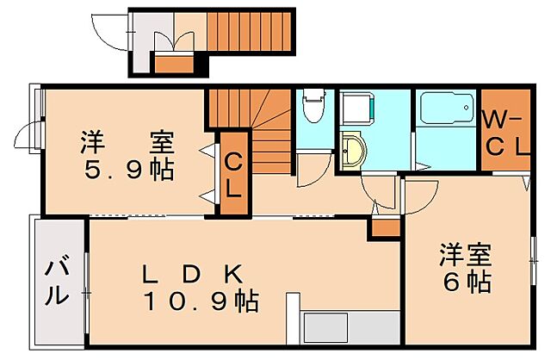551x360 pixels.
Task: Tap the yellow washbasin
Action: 353,152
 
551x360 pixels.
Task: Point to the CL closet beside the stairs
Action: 232,172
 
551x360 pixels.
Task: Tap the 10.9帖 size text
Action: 201,302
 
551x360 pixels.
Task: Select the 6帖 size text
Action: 468,281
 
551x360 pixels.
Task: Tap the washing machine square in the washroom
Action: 356,109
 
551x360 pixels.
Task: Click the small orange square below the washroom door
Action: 384,228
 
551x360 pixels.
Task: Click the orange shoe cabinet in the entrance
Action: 175,63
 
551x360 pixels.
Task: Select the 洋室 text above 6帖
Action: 466,255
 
